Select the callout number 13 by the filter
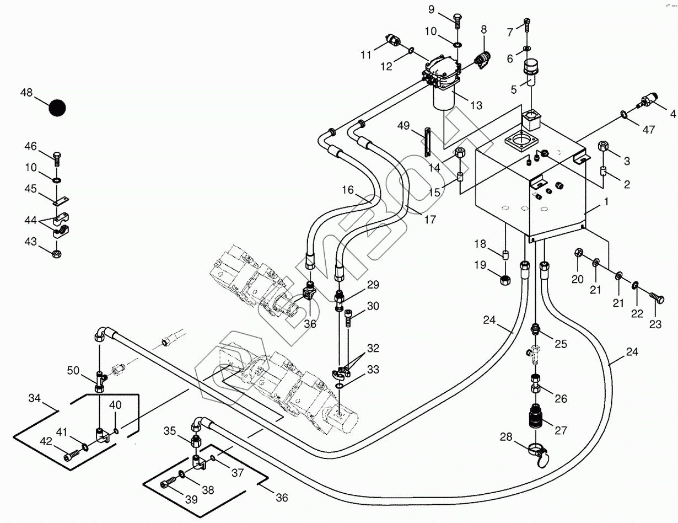pyautogui.click(x=476, y=105)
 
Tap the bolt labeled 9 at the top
pyautogui.click(x=456, y=18)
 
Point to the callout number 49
pyautogui.click(x=404, y=126)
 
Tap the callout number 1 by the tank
pyautogui.click(x=606, y=202)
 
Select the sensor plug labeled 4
pyautogui.click(x=648, y=102)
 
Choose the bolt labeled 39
pyautogui.click(x=167, y=484)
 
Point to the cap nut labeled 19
pyautogui.click(x=504, y=280)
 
